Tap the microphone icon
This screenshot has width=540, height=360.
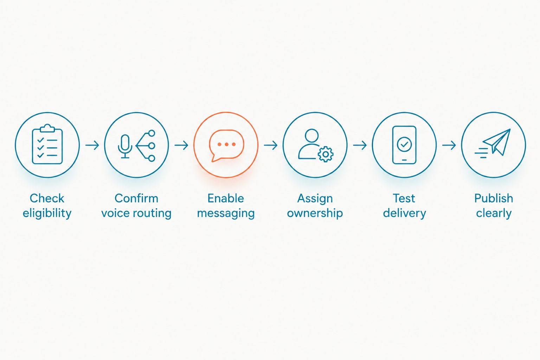[x=125, y=146]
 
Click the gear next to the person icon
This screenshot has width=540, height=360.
[x=326, y=154]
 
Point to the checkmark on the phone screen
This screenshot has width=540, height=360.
[x=404, y=144]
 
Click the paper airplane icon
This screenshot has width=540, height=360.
[x=493, y=143]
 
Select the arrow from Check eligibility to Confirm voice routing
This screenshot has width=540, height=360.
[x=92, y=145]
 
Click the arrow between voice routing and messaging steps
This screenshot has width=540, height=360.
[x=181, y=145]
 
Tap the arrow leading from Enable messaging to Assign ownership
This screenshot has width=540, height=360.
[x=270, y=145]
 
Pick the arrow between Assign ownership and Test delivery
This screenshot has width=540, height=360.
[x=360, y=145]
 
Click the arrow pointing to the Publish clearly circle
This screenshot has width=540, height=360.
[x=449, y=145]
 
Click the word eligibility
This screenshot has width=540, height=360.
[x=47, y=213]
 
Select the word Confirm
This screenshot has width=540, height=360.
[x=136, y=198]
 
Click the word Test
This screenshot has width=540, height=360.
[x=404, y=198]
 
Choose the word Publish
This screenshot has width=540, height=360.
[x=494, y=198]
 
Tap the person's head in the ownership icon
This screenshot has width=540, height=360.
[x=312, y=136]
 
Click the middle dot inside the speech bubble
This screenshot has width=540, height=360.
[x=226, y=144]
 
